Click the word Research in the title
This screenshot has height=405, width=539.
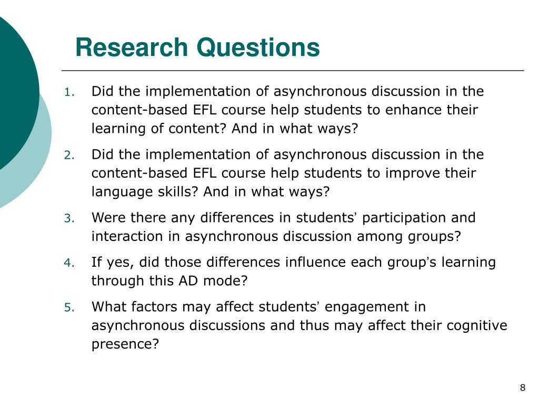[x=132, y=47]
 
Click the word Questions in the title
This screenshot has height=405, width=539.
[x=258, y=47]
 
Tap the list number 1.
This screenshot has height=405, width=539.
[x=69, y=92]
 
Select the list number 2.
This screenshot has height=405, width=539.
[x=69, y=156]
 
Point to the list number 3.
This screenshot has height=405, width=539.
[x=69, y=218]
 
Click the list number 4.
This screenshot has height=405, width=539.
[x=69, y=263]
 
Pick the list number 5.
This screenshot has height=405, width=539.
[x=69, y=307]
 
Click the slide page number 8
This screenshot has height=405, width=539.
[x=523, y=388]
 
